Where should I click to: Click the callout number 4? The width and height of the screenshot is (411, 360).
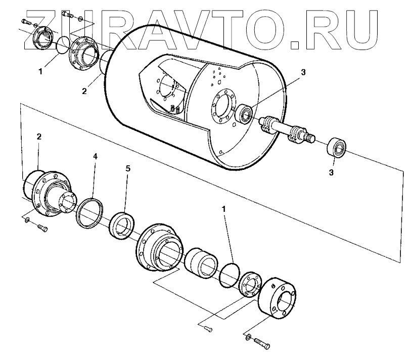coord(95,157)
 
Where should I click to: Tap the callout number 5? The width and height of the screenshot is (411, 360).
coord(127,168)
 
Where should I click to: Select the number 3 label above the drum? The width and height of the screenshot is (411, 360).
coord(303,72)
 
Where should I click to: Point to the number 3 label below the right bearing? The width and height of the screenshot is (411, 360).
coord(331,172)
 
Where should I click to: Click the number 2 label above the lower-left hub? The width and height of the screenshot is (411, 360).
coord(39,137)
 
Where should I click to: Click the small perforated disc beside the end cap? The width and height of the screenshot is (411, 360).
coord(249,285)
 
